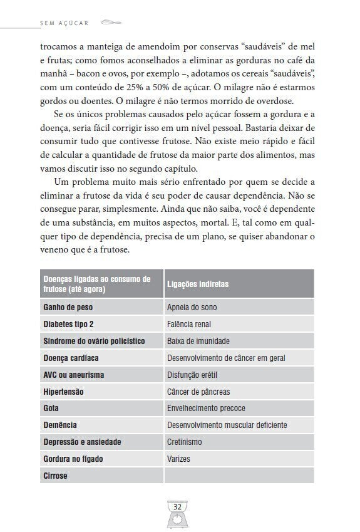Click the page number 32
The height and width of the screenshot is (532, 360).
(177, 506)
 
